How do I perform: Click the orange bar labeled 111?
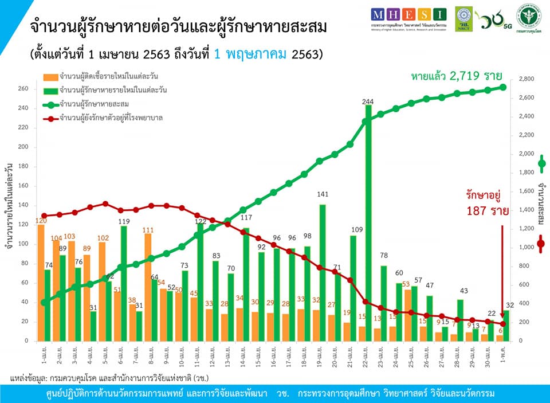[x=148, y=287]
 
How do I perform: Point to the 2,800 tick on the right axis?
[x=526, y=79]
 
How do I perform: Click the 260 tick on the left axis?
[x=23, y=89]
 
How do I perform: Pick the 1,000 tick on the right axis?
[x=526, y=248]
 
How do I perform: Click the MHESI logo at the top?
[x=408, y=14]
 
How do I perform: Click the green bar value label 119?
[x=123, y=221]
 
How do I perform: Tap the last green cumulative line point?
[x=502, y=87]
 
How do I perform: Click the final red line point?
[x=502, y=323]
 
